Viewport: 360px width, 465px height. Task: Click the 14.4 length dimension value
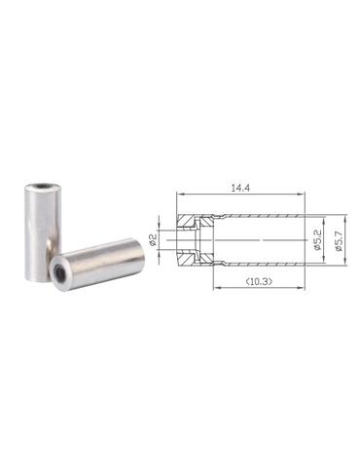point(240,189)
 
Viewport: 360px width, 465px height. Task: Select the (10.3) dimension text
point(259,281)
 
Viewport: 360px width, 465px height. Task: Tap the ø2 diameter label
point(153,240)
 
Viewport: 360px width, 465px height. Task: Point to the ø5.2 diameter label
point(317,240)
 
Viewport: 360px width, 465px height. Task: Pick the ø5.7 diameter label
point(340,240)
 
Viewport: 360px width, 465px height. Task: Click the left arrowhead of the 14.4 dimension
point(179,195)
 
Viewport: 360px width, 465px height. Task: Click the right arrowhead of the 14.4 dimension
point(302,195)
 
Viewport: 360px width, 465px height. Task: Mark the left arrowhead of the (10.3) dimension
point(217,287)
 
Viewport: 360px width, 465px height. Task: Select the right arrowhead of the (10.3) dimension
point(302,287)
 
